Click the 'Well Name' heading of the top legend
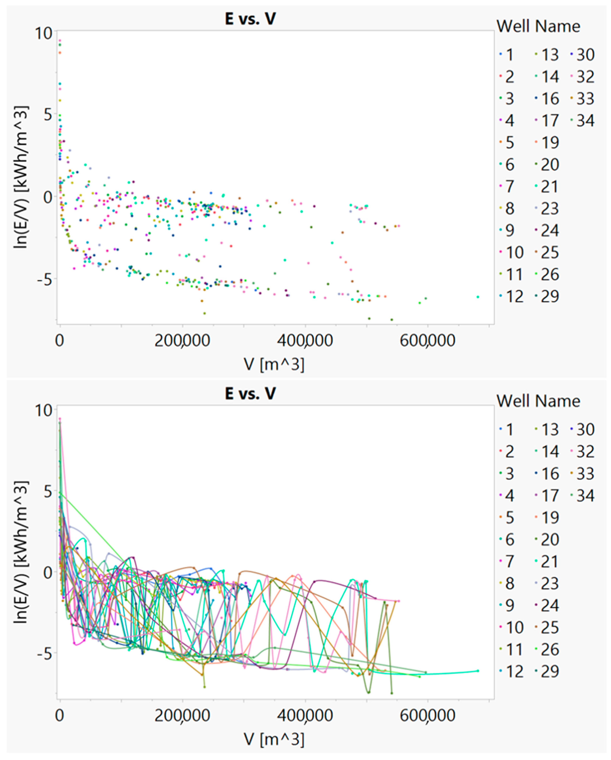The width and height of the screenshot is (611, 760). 538,26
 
